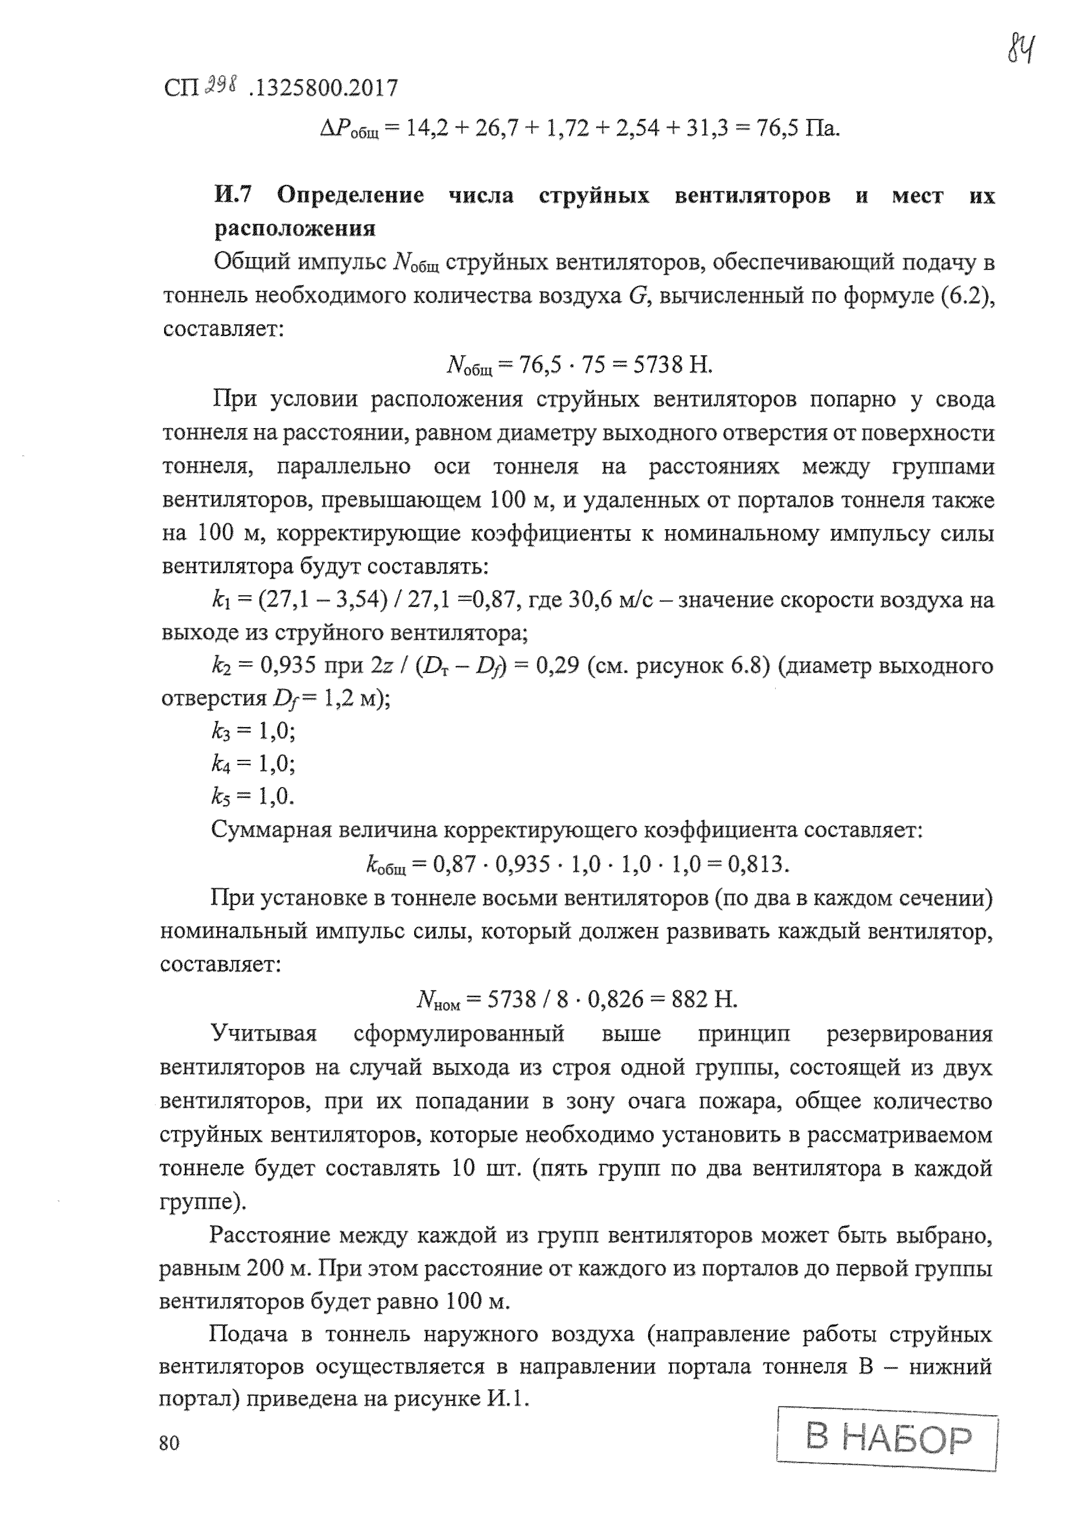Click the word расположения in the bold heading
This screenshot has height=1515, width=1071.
tap(295, 228)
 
